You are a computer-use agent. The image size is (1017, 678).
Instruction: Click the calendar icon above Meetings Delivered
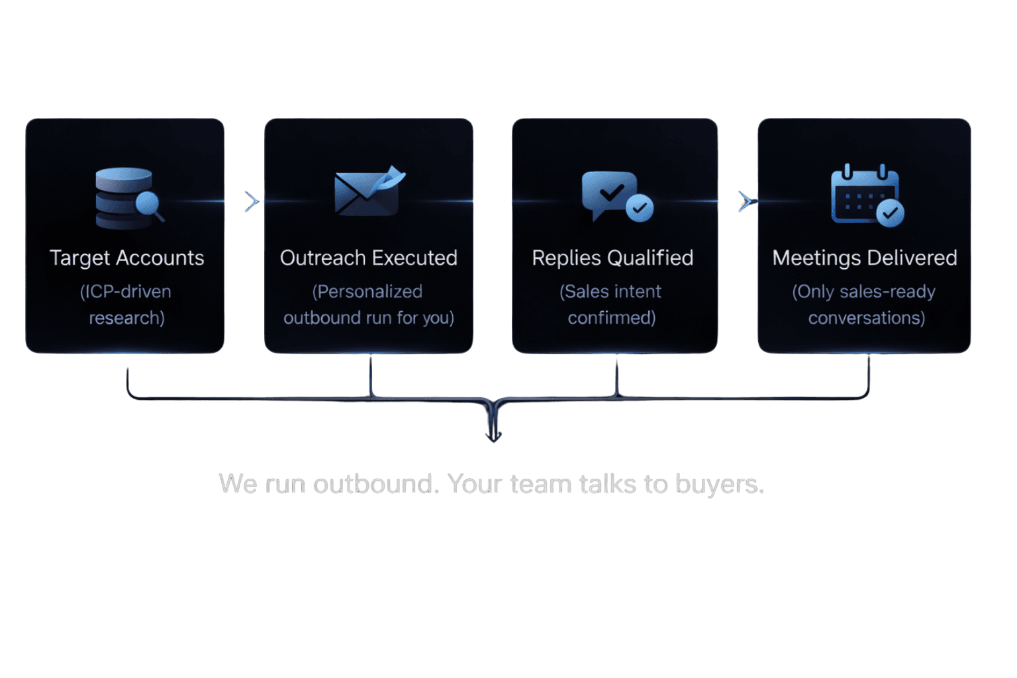pyautogui.click(x=866, y=196)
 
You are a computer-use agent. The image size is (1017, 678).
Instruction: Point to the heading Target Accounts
pyautogui.click(x=126, y=258)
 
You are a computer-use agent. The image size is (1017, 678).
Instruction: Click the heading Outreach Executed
pyautogui.click(x=368, y=258)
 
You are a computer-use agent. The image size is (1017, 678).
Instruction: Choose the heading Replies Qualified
pyautogui.click(x=612, y=258)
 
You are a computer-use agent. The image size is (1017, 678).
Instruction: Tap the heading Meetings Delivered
pyautogui.click(x=864, y=258)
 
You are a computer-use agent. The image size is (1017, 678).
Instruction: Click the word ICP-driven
pyautogui.click(x=127, y=291)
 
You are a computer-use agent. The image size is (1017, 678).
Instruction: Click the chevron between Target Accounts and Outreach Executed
pyautogui.click(x=250, y=201)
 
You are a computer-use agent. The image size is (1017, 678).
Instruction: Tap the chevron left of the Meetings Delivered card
pyautogui.click(x=744, y=201)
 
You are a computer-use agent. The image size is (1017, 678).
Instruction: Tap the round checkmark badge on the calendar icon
pyautogui.click(x=890, y=213)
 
